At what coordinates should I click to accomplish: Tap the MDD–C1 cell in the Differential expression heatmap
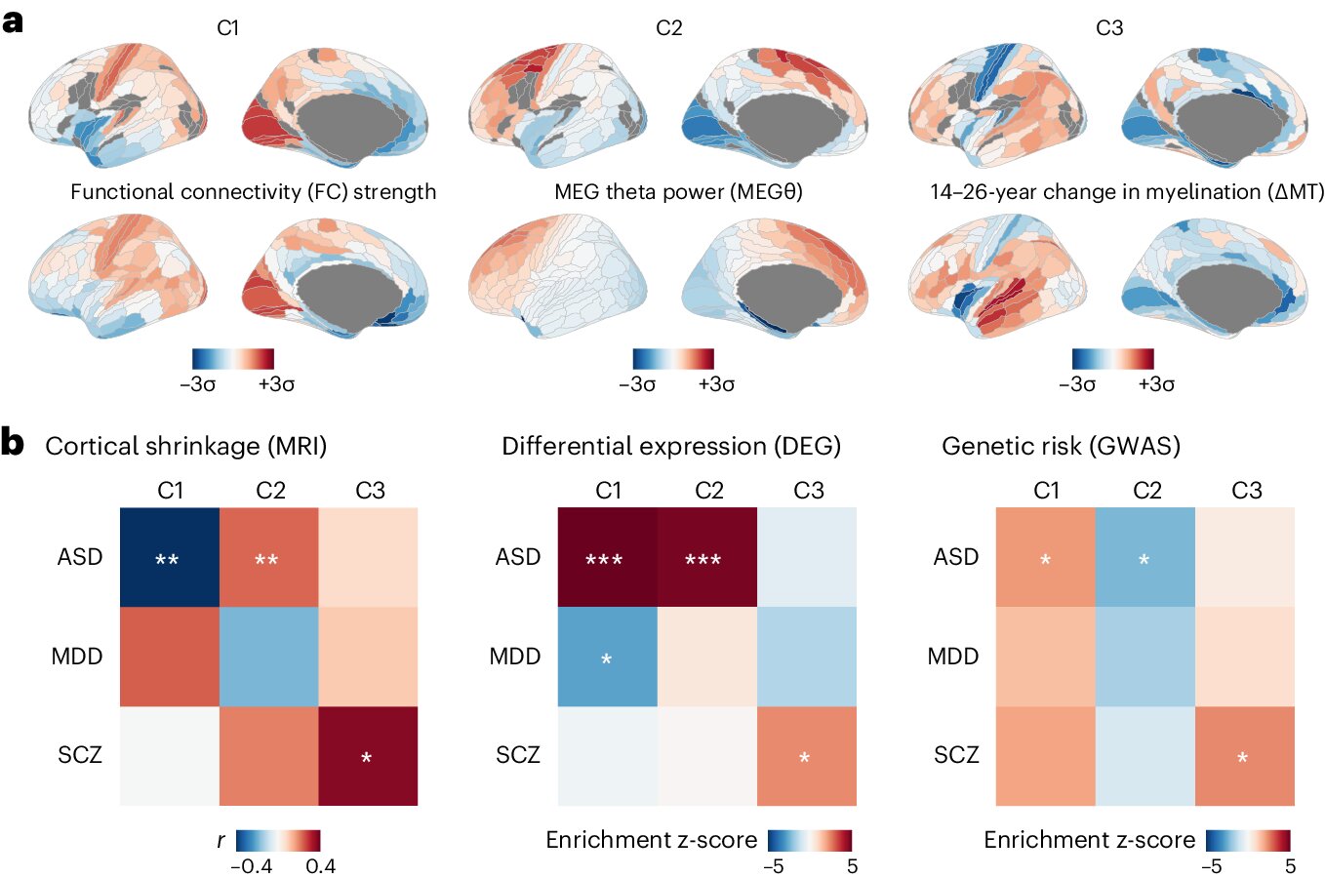pyautogui.click(x=607, y=657)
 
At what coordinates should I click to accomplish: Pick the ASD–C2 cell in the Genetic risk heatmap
pyautogui.click(x=1145, y=557)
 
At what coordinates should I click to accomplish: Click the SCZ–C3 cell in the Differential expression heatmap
pyautogui.click(x=806, y=756)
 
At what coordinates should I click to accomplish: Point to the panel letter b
pyautogui.click(x=13, y=443)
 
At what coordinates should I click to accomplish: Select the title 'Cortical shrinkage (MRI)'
pyautogui.click(x=185, y=447)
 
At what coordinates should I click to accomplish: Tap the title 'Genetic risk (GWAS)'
pyautogui.click(x=1061, y=447)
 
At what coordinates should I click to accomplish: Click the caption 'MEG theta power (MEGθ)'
pyautogui.click(x=678, y=192)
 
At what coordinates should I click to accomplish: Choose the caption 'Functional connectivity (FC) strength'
pyautogui.click(x=253, y=192)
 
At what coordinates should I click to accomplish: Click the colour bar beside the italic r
pyautogui.click(x=278, y=840)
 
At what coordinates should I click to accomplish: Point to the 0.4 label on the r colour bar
pyautogui.click(x=320, y=866)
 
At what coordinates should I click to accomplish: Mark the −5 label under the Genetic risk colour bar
pyautogui.click(x=1211, y=866)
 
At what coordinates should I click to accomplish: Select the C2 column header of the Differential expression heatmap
pyautogui.click(x=708, y=490)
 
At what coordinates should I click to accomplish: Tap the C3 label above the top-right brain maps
pyautogui.click(x=1109, y=28)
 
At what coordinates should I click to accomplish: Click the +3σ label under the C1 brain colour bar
pyautogui.click(x=276, y=384)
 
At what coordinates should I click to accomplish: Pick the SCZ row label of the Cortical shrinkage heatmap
pyautogui.click(x=80, y=755)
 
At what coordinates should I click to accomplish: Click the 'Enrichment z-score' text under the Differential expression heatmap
pyautogui.click(x=651, y=840)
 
